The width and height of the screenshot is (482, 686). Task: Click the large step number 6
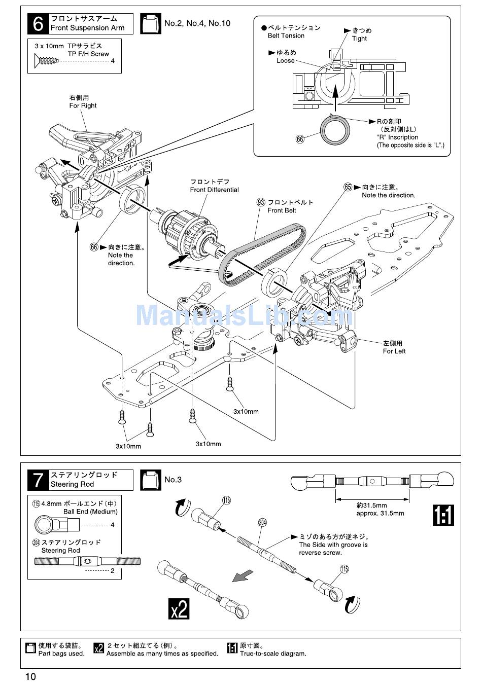(x=38, y=24)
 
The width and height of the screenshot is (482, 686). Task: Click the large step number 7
(x=38, y=480)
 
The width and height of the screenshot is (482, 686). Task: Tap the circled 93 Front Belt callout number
(x=261, y=202)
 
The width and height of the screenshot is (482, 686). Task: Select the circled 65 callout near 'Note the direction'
(x=348, y=187)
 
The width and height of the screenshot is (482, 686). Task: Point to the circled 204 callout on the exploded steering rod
(x=263, y=522)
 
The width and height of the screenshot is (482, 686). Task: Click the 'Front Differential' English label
(x=214, y=190)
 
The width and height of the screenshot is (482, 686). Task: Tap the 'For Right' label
(x=83, y=105)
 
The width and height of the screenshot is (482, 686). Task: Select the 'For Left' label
(x=394, y=351)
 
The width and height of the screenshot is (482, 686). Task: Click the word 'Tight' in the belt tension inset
(x=359, y=39)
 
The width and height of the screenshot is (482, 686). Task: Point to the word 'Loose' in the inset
(x=285, y=61)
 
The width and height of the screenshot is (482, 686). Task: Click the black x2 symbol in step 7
(x=179, y=608)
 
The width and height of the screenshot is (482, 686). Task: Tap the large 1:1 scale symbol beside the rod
(x=443, y=515)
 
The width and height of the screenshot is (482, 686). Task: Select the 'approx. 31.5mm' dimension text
(x=380, y=513)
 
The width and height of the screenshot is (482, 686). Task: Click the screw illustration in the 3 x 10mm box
(x=46, y=61)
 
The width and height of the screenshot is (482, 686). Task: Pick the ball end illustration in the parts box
(x=57, y=525)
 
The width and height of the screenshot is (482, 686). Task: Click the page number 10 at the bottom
(x=30, y=676)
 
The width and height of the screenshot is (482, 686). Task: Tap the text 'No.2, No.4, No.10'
(x=197, y=23)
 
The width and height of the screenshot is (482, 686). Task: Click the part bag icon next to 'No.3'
(x=151, y=480)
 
